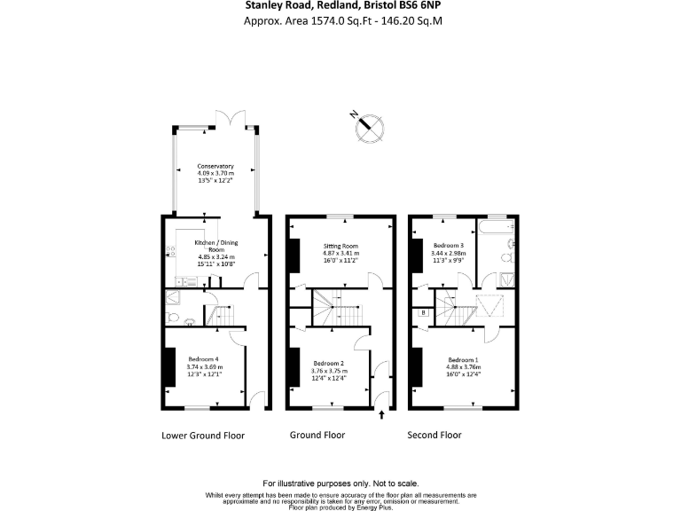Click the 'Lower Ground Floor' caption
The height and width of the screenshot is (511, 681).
(x=203, y=436)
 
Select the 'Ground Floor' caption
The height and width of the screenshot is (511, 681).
(x=317, y=436)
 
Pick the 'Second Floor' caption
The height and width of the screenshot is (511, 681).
(x=434, y=436)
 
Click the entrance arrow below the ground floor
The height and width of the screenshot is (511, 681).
(x=382, y=415)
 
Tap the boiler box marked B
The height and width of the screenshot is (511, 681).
(x=424, y=312)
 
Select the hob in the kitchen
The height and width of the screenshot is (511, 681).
(x=170, y=251)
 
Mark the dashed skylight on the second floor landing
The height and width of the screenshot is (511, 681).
(x=487, y=307)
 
